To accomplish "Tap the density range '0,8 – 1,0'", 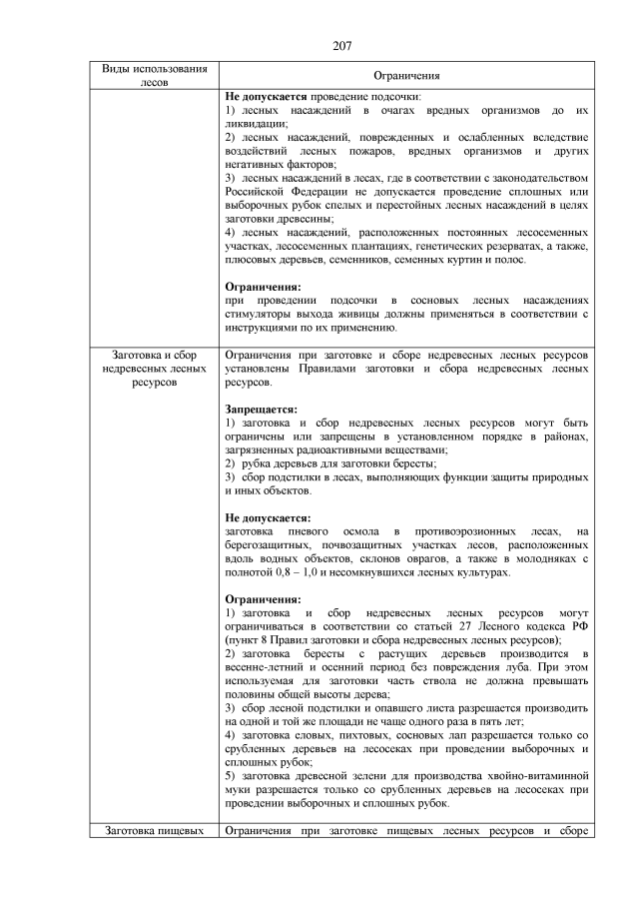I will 300,573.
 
